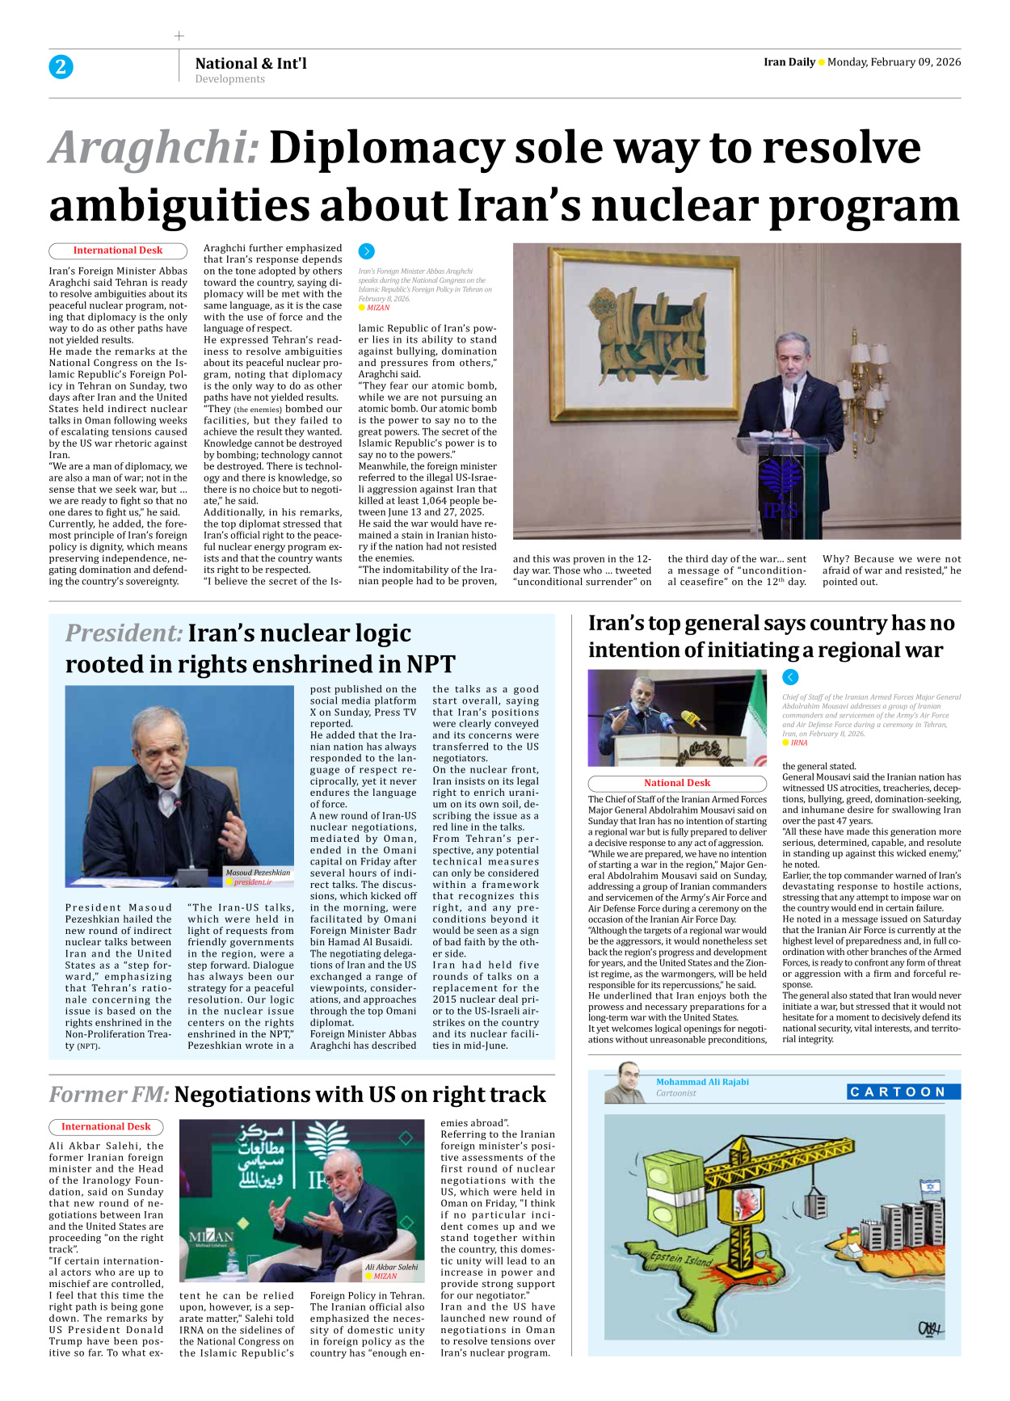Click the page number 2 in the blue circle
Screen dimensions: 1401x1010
point(61,67)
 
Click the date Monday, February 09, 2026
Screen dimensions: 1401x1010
point(894,62)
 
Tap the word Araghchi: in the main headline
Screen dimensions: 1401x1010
point(154,149)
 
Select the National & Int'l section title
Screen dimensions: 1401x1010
point(250,64)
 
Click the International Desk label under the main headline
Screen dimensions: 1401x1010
point(118,251)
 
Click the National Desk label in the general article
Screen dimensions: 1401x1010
point(677,783)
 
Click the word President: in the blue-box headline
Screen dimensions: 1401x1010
point(124,633)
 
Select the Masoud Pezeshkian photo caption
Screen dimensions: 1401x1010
point(258,873)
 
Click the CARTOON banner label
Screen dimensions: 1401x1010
point(903,1092)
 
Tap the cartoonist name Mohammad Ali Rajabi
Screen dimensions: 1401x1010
point(702,1082)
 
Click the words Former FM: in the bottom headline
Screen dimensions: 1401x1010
point(109,1095)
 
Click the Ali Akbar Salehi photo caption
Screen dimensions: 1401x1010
point(391,1267)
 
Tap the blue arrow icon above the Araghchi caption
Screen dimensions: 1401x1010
point(367,251)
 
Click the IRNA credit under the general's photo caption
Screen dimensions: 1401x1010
point(798,743)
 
